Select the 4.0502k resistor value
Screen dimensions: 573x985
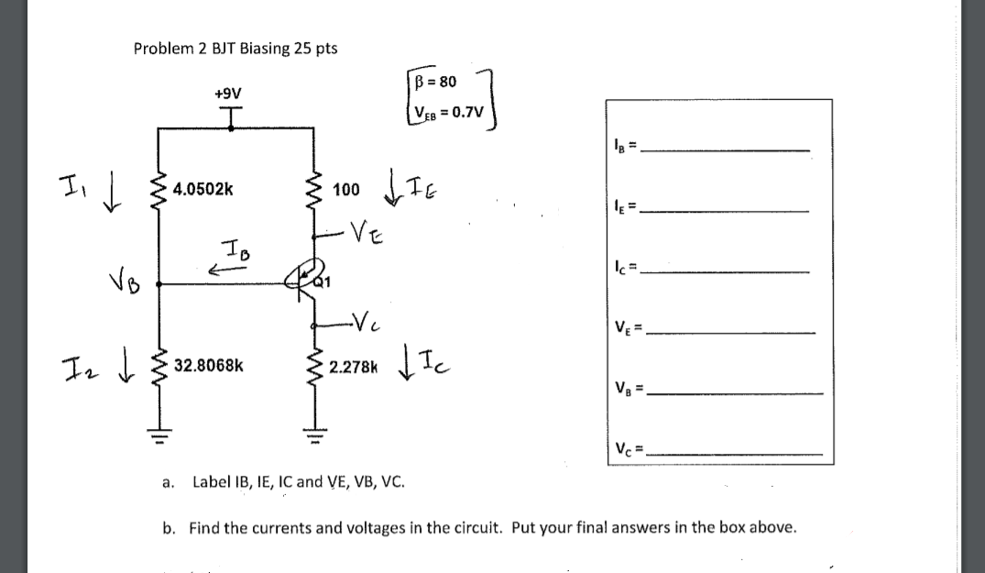[202, 190]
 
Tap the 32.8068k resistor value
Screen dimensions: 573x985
[208, 365]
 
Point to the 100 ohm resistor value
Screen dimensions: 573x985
[345, 190]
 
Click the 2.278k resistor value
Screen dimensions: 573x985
[353, 366]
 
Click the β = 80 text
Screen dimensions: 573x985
[436, 83]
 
